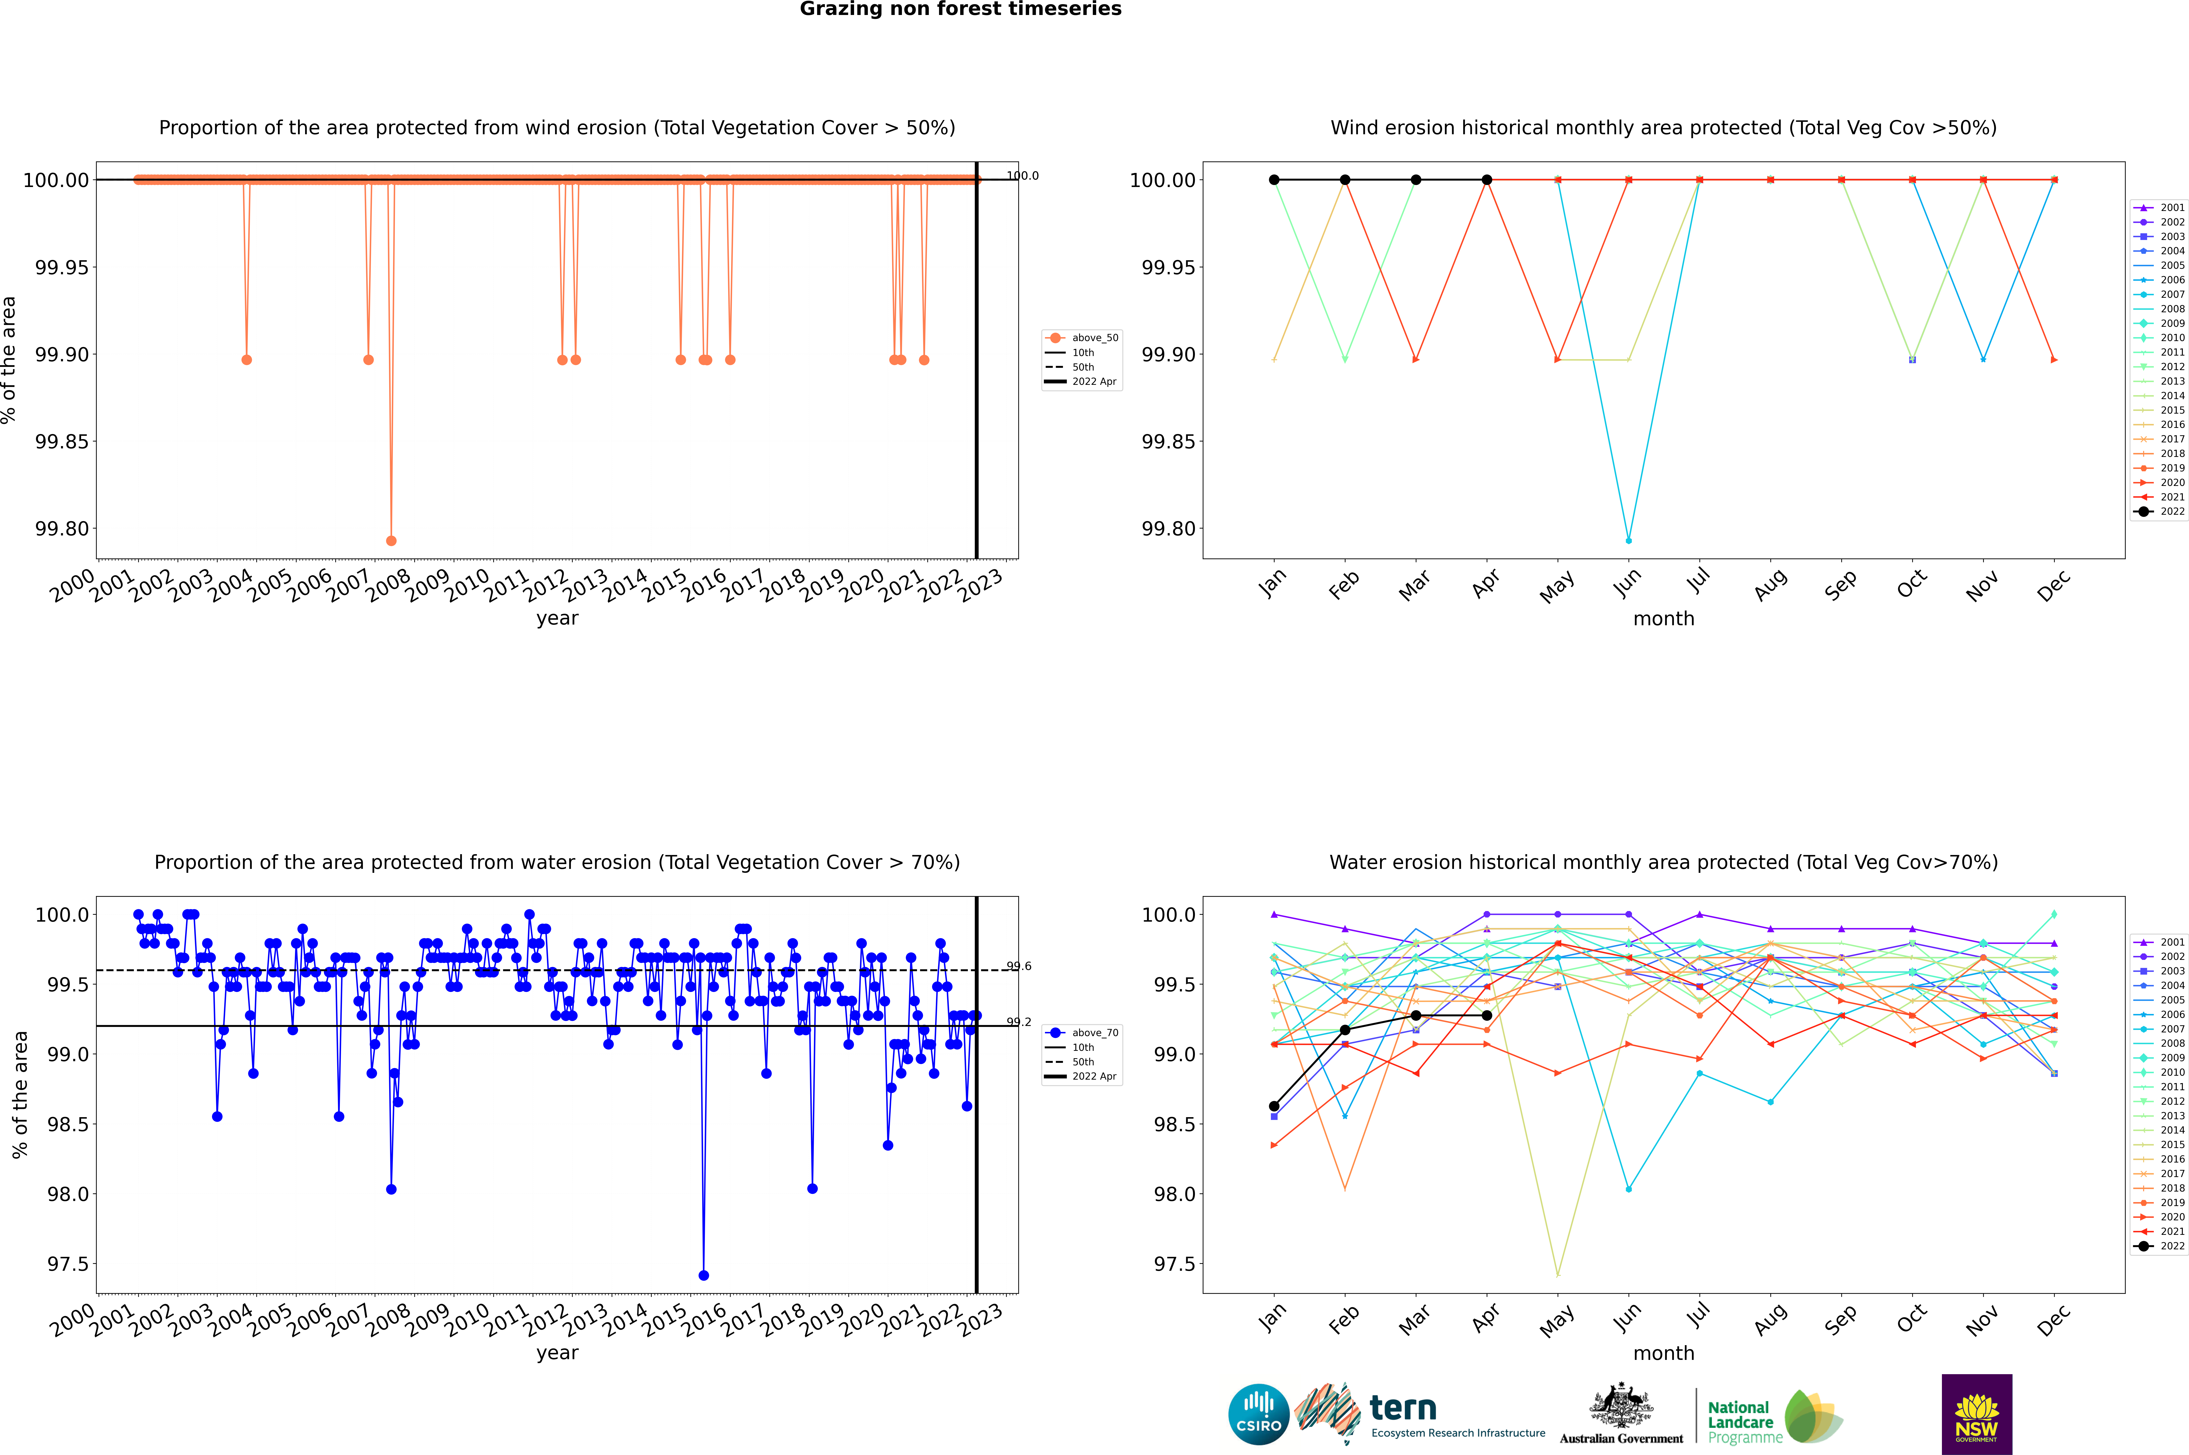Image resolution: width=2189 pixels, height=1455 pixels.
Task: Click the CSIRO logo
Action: pos(1258,1414)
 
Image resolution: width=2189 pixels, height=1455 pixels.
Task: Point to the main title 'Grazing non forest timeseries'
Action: pos(960,9)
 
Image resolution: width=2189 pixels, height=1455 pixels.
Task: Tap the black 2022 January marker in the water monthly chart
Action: pos(1274,1106)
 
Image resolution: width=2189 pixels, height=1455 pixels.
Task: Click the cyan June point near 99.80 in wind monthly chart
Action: pos(1629,540)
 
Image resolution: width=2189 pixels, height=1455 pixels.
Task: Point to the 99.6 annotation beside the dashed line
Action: pos(1019,966)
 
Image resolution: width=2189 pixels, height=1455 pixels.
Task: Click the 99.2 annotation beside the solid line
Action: pos(1019,1022)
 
